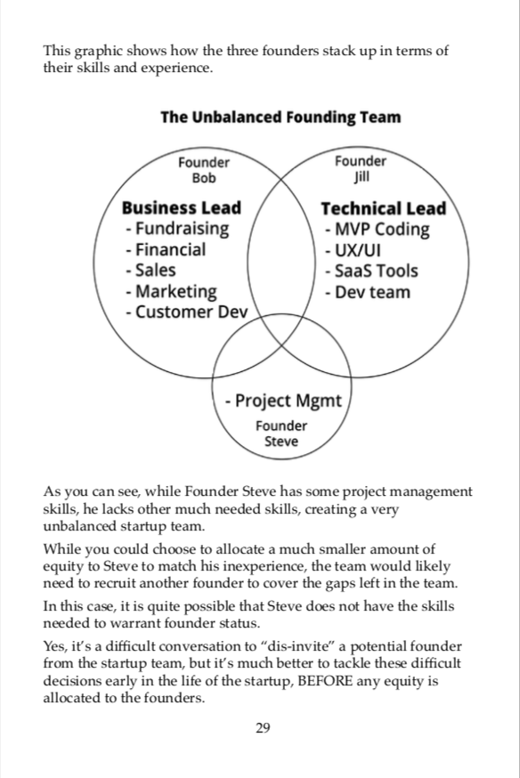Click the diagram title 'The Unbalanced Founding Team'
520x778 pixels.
coord(280,118)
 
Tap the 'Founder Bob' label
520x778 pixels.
coord(204,170)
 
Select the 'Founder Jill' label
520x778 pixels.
coord(361,169)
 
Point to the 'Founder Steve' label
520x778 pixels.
coord(281,434)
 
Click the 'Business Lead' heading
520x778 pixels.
coord(182,207)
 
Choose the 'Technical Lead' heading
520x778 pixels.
coord(384,208)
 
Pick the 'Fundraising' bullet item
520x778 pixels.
coord(177,229)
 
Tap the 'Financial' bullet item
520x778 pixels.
coord(166,249)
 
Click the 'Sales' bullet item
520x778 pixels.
coord(150,271)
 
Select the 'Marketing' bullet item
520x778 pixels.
coord(171,292)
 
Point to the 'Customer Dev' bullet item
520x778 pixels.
coord(187,312)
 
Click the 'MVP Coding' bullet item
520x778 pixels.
coord(378,230)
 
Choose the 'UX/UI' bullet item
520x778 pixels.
coord(353,250)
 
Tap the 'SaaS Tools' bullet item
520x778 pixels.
coord(371,271)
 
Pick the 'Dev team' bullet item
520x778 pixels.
coord(368,292)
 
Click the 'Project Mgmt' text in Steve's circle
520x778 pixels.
coord(284,401)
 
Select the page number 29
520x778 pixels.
coord(263,728)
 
